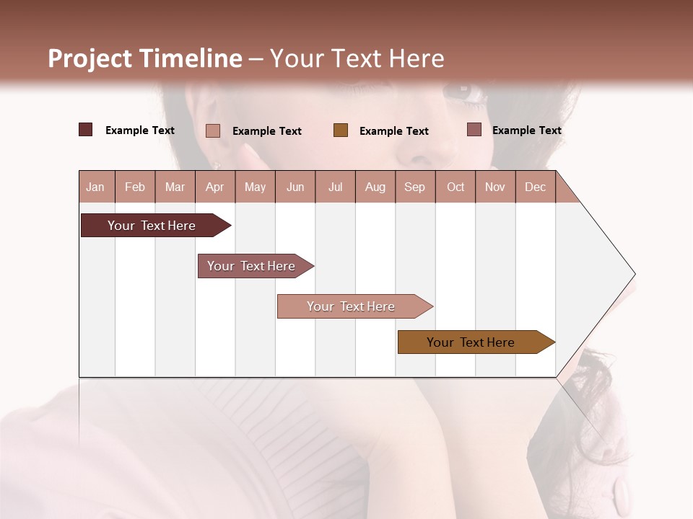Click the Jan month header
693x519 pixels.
(x=96, y=187)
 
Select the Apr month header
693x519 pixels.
(x=215, y=187)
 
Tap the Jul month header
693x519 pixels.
(x=336, y=187)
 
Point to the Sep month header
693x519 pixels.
(x=415, y=187)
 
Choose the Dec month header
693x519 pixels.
(x=535, y=187)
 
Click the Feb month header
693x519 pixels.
(x=135, y=187)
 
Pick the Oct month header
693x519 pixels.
(x=456, y=187)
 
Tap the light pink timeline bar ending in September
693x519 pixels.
(x=353, y=306)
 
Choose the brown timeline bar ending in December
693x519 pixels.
(x=474, y=342)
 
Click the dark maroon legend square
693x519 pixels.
(x=86, y=130)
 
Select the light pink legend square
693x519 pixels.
(x=213, y=130)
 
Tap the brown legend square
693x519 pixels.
(x=341, y=130)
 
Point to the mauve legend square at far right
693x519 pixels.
(x=474, y=130)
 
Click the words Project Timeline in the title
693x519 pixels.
(x=145, y=58)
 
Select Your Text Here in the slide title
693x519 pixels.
(x=357, y=58)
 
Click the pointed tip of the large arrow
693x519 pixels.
(x=633, y=274)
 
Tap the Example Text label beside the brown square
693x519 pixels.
(x=393, y=130)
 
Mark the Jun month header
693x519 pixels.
(x=295, y=187)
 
